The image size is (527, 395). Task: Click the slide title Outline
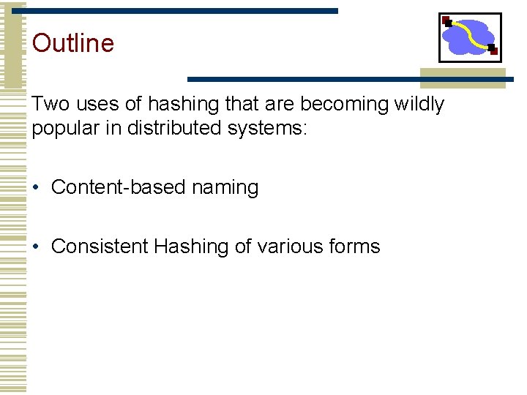[73, 43]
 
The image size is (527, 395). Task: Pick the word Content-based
[119, 187]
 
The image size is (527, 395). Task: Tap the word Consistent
[100, 247]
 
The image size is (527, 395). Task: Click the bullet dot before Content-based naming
[36, 188]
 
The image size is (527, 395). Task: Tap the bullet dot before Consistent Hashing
[36, 247]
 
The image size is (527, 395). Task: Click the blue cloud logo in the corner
[469, 37]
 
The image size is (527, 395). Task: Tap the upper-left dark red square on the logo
[446, 20]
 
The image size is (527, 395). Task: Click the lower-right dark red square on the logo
[493, 50]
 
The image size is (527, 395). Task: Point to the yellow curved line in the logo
[472, 34]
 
